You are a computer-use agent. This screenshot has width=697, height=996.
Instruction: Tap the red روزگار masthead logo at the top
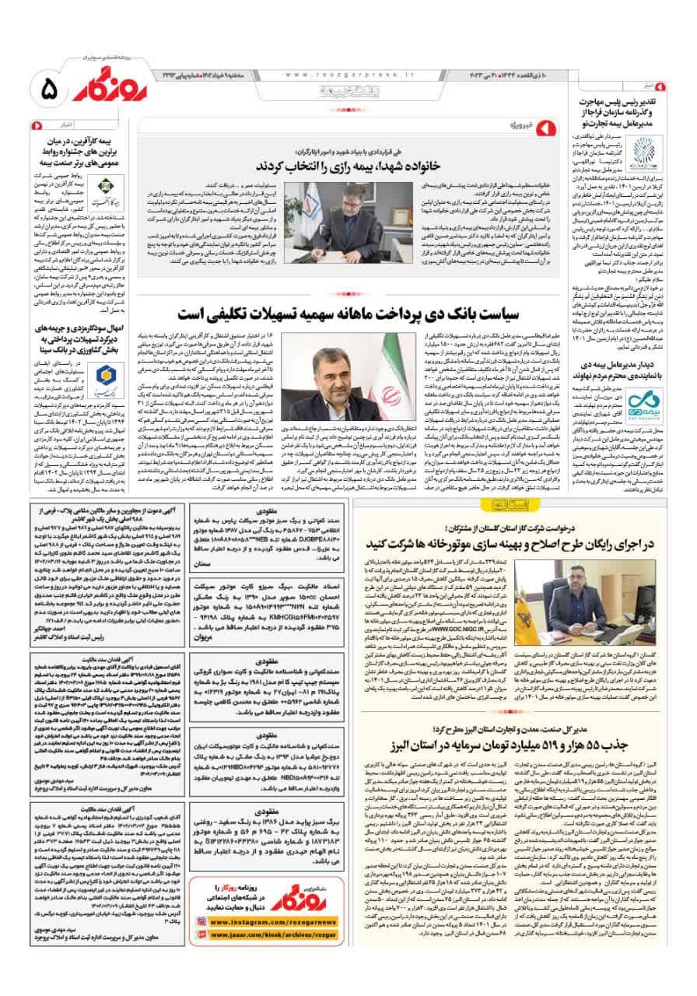click(x=99, y=92)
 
